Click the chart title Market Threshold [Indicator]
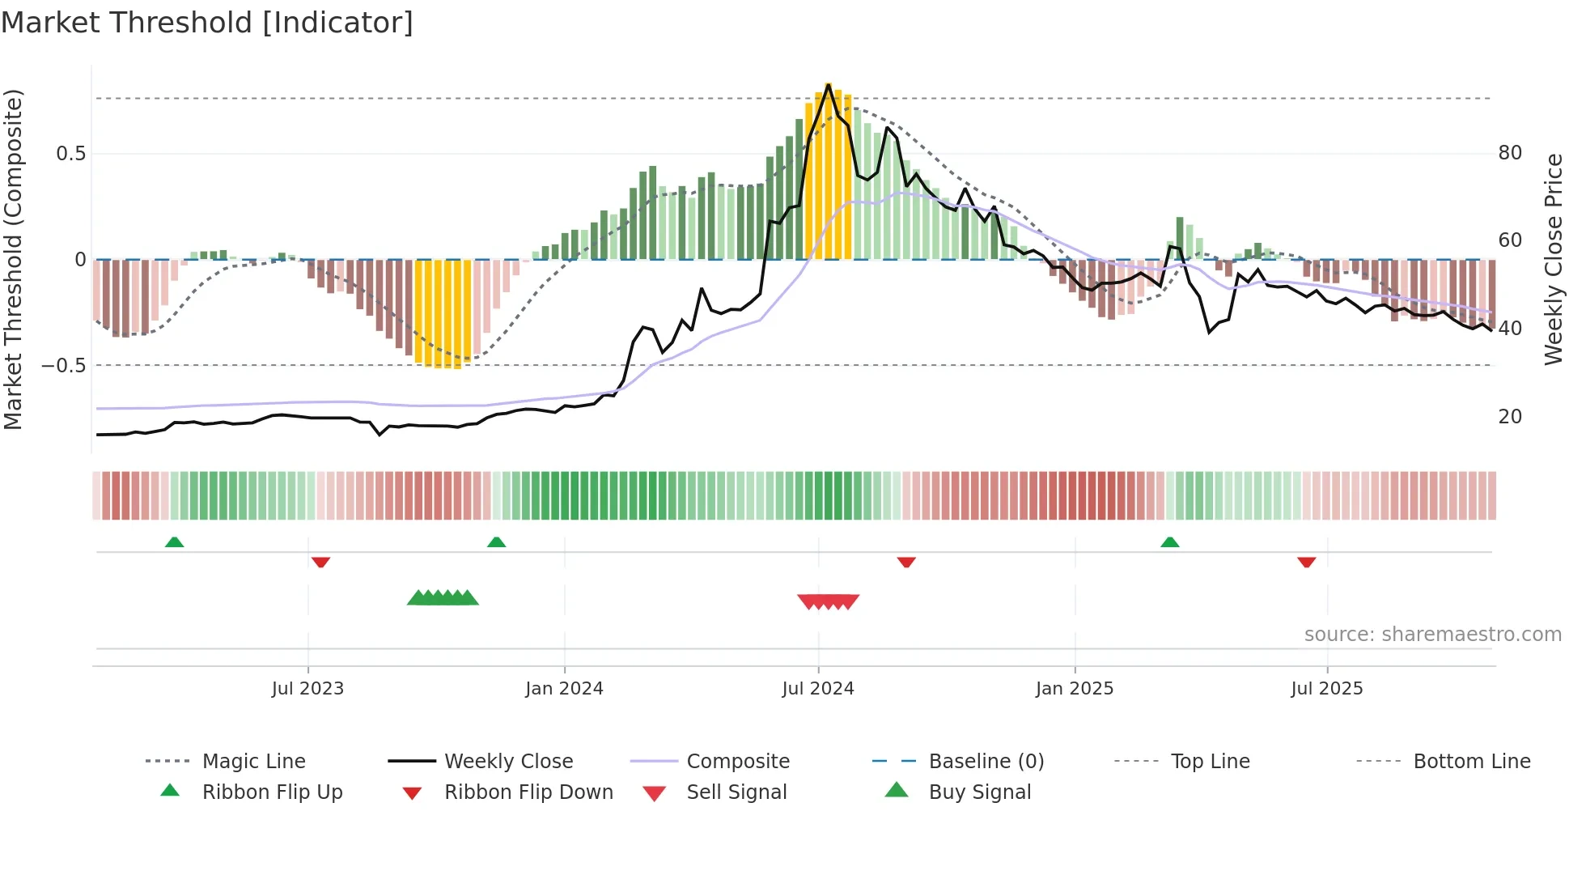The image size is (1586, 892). (207, 23)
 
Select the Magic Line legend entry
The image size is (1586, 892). (253, 761)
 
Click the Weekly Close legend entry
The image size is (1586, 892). (508, 761)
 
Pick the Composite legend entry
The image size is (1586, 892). (737, 761)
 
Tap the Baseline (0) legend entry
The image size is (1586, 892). (986, 761)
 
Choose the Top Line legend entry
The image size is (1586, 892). (1210, 761)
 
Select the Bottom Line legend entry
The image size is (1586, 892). (1471, 761)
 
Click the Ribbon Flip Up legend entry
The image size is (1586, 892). (272, 792)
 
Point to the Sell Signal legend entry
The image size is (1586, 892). (736, 792)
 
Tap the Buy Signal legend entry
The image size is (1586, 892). (979, 792)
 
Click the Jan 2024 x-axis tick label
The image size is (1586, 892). (564, 688)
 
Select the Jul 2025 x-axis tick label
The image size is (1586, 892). (1326, 688)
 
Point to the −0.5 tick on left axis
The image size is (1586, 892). (64, 365)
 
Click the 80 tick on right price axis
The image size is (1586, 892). (1510, 152)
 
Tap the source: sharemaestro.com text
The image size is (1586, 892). (1432, 634)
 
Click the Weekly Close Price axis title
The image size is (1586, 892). (1553, 259)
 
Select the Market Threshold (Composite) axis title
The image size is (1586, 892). (13, 259)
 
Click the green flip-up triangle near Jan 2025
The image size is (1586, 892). (1169, 542)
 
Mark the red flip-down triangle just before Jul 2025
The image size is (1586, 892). (1306, 562)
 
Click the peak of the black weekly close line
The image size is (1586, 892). (828, 84)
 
